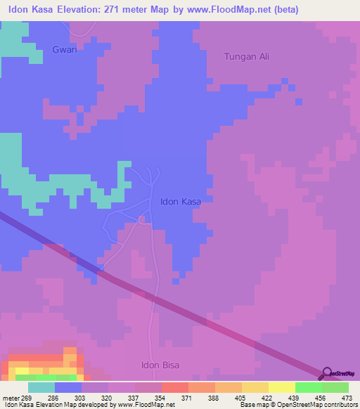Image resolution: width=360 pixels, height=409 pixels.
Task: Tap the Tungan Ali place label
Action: coord(246,57)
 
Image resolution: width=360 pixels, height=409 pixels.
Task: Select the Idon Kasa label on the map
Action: coord(181,202)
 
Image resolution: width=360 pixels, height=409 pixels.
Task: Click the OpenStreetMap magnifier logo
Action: coord(326,372)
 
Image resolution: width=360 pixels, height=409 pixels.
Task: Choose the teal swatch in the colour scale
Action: coord(41,387)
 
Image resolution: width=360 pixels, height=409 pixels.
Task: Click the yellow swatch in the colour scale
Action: coord(281,387)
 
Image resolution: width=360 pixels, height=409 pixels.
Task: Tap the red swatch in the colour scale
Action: coord(174,387)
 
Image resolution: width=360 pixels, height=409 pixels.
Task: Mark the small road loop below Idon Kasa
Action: coord(141,220)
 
